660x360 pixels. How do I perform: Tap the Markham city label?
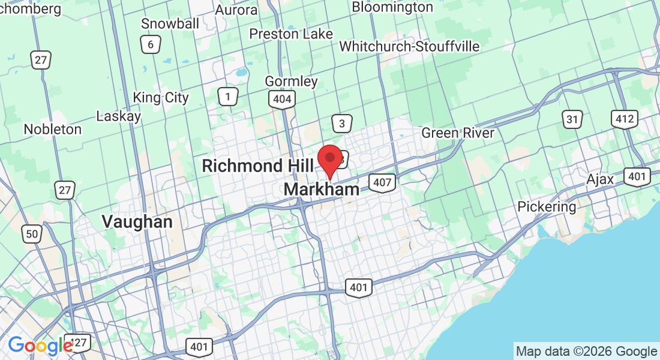(x=322, y=190)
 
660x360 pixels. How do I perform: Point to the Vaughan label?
(x=137, y=221)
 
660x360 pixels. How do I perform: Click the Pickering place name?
(x=547, y=207)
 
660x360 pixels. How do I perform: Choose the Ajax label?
(x=600, y=179)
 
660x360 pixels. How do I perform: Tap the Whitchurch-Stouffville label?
(x=410, y=46)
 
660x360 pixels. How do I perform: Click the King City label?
(x=160, y=97)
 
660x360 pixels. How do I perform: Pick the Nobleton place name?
(x=52, y=129)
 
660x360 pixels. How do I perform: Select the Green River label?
(x=458, y=133)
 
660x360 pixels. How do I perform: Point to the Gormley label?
(x=292, y=81)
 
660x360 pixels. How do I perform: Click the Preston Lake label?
(x=291, y=34)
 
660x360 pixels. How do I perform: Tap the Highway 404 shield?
(x=282, y=100)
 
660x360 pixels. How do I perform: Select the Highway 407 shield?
(x=382, y=183)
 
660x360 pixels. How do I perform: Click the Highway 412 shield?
(x=625, y=119)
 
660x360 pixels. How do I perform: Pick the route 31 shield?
(x=573, y=119)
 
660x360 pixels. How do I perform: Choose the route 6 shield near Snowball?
(x=151, y=44)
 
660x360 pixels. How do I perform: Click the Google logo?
(x=40, y=346)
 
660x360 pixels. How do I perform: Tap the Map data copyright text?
(x=586, y=352)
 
